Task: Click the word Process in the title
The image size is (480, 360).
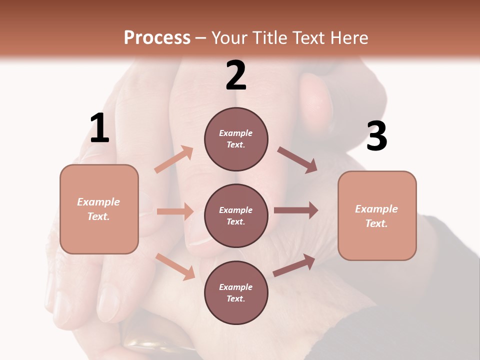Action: pyautogui.click(x=157, y=38)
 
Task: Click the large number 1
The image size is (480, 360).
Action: pyautogui.click(x=99, y=128)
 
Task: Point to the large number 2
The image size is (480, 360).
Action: pyautogui.click(x=236, y=75)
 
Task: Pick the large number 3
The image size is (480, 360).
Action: pyautogui.click(x=376, y=136)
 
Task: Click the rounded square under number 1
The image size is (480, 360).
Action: pyautogui.click(x=99, y=209)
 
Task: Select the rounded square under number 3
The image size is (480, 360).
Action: pyautogui.click(x=377, y=216)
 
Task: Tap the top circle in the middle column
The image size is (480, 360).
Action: pyautogui.click(x=236, y=139)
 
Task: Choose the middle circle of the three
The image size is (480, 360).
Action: pyautogui.click(x=236, y=216)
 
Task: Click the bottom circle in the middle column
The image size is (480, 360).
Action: pyautogui.click(x=236, y=293)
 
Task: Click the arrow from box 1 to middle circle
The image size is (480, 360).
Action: pyautogui.click(x=175, y=211)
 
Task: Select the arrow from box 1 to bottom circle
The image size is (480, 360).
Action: pyautogui.click(x=175, y=266)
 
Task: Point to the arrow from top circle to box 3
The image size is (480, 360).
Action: pyautogui.click(x=297, y=160)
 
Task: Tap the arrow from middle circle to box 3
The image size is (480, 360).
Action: pyautogui.click(x=296, y=210)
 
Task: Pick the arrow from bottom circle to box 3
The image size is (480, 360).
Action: pyautogui.click(x=294, y=265)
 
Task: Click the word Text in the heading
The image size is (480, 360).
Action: pyautogui.click(x=308, y=38)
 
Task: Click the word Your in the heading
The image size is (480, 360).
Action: pyautogui.click(x=229, y=38)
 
